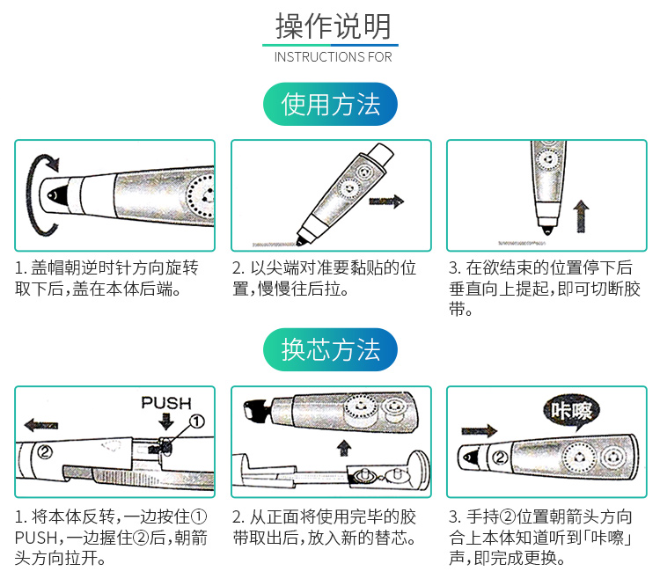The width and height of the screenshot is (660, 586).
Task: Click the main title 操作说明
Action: (333, 26)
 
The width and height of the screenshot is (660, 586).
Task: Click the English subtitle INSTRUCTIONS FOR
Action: (333, 57)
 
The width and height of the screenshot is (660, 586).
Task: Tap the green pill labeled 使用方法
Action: (330, 104)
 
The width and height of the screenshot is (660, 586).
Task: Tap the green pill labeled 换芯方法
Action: (330, 349)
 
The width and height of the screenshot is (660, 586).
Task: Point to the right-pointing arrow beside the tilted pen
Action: (386, 201)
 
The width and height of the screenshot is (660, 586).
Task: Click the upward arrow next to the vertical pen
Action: (582, 216)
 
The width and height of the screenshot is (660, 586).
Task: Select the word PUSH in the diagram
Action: (166, 403)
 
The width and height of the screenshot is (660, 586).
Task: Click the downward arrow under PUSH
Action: (166, 421)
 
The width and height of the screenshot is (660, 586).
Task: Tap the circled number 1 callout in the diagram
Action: (196, 421)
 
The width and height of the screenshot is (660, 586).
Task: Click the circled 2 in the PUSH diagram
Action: (45, 452)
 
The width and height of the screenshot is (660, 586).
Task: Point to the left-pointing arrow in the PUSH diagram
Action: (41, 425)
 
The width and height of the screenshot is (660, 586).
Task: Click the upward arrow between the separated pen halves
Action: (344, 448)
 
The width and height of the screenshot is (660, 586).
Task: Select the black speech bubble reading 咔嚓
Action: (572, 412)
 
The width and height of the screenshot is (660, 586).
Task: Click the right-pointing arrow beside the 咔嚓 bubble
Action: (480, 430)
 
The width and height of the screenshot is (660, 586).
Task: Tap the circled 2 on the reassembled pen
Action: (500, 458)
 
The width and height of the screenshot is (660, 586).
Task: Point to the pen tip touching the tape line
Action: (301, 242)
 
